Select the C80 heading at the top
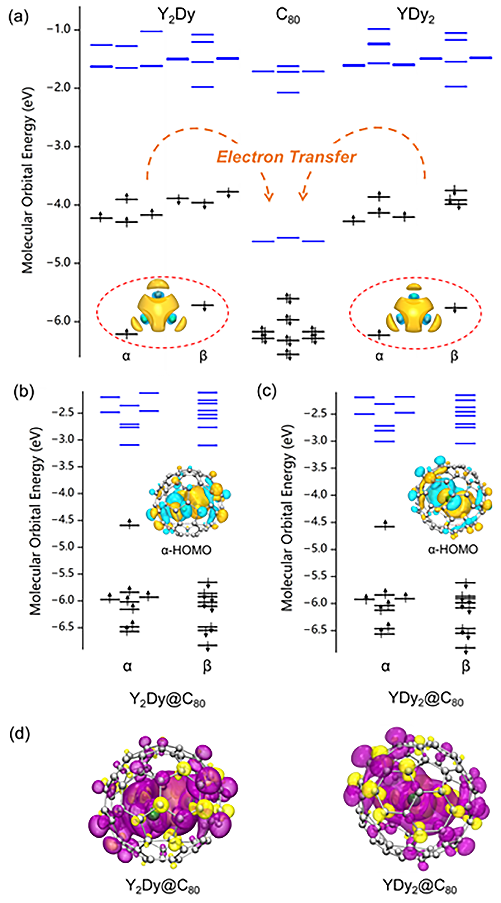[x=287, y=16]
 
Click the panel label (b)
[x=24, y=392]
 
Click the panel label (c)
[x=266, y=391]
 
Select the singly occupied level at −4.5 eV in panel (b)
[x=130, y=525]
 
